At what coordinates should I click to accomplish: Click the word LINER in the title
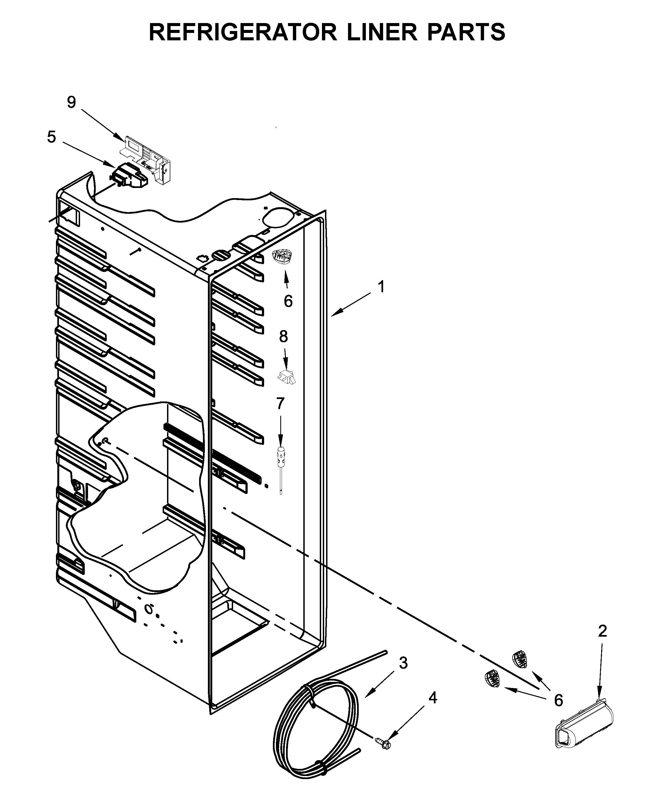pos(382,32)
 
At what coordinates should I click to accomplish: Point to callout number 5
pos(51,137)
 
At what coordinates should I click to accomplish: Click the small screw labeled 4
pos(383,743)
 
